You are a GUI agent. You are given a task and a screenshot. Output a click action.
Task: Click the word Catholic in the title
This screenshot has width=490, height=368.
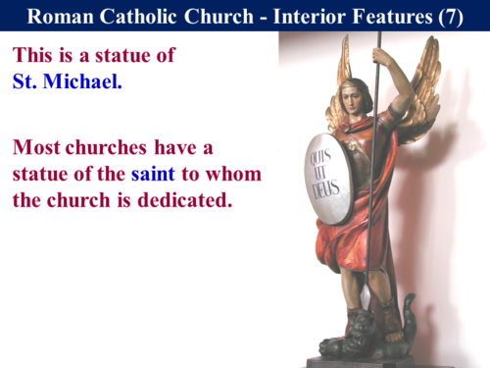click(x=137, y=16)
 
